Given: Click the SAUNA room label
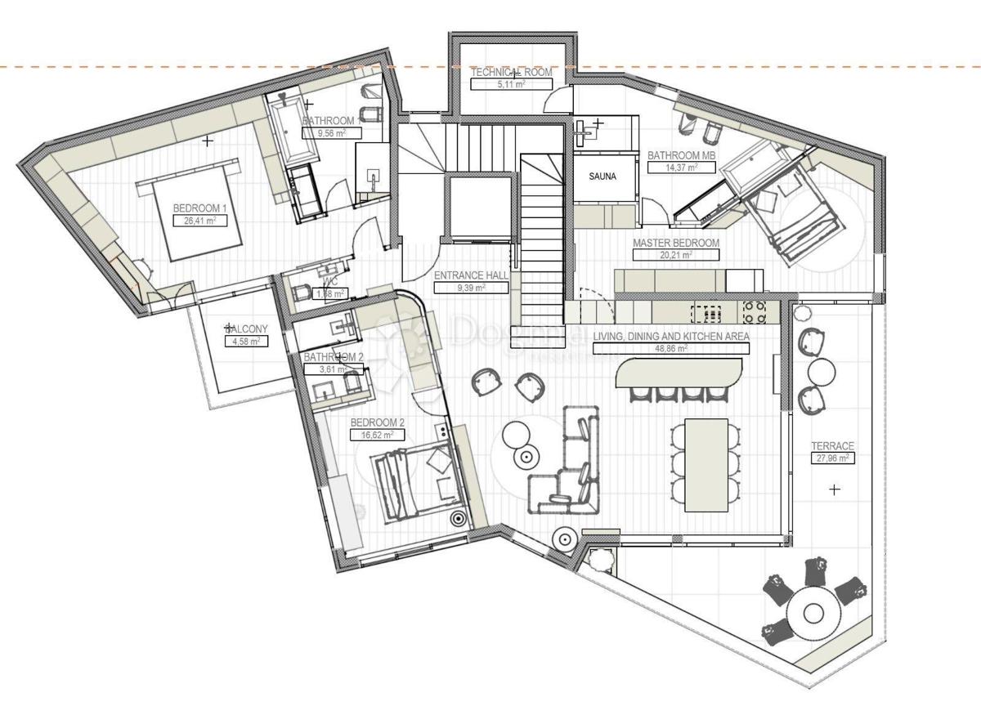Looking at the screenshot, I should [x=603, y=176].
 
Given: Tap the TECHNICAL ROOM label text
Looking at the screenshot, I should [x=511, y=72].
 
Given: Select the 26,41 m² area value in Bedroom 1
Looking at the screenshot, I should [x=199, y=221].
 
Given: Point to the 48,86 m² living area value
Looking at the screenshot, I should [x=670, y=348].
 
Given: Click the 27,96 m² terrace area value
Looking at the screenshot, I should [x=832, y=458].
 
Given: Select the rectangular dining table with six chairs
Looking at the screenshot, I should [x=706, y=463].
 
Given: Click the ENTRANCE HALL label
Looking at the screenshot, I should [x=471, y=276].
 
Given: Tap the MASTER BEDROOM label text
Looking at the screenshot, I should [x=675, y=243].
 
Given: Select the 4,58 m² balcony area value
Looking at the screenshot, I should [x=243, y=341].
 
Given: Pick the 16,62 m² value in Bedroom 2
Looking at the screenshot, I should [x=377, y=435].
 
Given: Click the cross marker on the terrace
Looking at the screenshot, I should [x=834, y=489].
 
